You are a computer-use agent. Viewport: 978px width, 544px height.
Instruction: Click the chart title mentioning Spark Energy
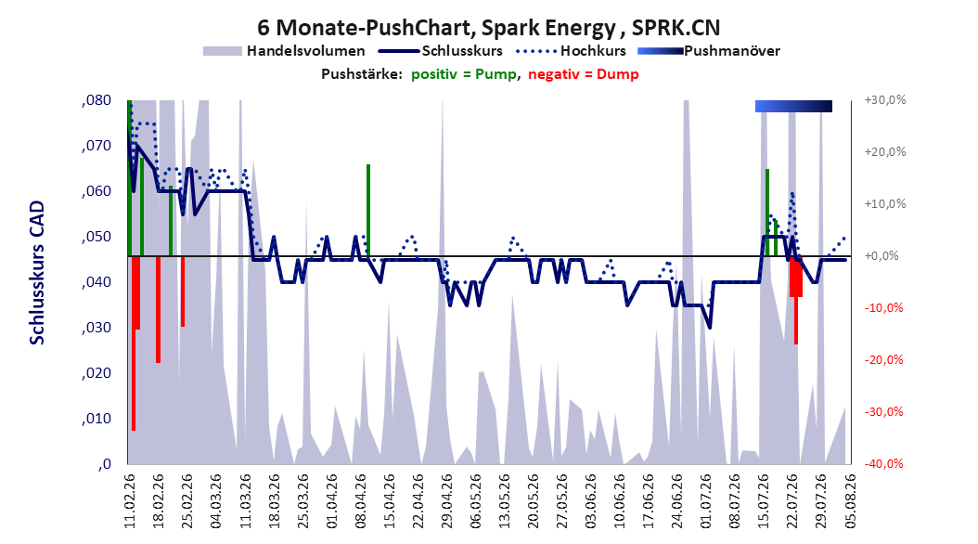[x=488, y=28]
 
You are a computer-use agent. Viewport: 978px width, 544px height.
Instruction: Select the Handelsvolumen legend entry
[x=285, y=51]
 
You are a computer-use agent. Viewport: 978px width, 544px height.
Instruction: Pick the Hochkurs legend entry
[x=571, y=51]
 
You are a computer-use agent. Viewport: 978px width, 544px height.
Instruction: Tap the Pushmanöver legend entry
[x=709, y=51]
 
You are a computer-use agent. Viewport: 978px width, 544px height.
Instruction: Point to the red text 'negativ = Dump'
[x=584, y=74]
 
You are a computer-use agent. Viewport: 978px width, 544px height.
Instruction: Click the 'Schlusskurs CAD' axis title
[x=37, y=273]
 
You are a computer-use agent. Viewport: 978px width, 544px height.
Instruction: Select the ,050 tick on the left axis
[x=97, y=237]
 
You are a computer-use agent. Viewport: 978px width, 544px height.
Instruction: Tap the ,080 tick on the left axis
[x=97, y=100]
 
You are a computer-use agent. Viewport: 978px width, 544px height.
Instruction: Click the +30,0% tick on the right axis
[x=885, y=100]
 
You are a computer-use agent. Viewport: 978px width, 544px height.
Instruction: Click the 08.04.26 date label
[x=361, y=501]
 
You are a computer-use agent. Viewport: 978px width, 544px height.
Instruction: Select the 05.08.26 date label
[x=850, y=501]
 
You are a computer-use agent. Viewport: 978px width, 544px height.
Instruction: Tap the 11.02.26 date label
[x=130, y=501]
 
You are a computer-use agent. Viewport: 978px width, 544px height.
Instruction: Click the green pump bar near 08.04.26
[x=368, y=210]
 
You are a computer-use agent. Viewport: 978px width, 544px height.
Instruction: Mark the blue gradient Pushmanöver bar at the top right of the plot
[x=793, y=106]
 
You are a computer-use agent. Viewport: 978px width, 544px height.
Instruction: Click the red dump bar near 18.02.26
[x=159, y=309]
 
